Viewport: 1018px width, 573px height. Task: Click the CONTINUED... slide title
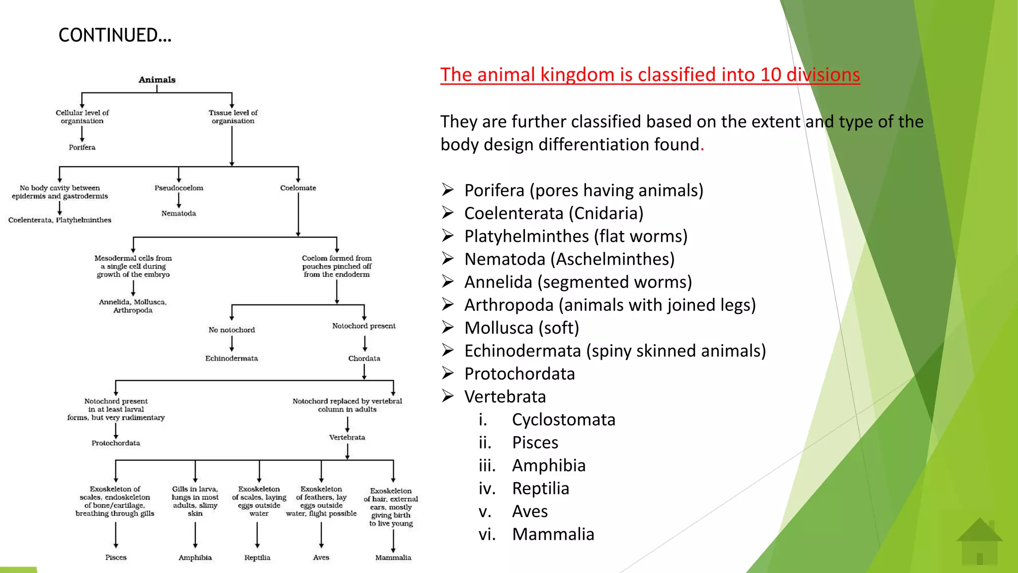pyautogui.click(x=115, y=35)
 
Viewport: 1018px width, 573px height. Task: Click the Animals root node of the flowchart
pyautogui.click(x=157, y=80)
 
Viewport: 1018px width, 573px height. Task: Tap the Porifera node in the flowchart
pyautogui.click(x=82, y=147)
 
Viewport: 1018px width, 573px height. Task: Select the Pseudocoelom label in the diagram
pyautogui.click(x=178, y=188)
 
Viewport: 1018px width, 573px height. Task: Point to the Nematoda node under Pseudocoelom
pyautogui.click(x=178, y=213)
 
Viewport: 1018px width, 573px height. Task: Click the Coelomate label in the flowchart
pyautogui.click(x=298, y=188)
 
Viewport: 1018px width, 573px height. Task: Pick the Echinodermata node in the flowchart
pyautogui.click(x=232, y=358)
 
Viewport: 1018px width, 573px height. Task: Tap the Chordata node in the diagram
pyautogui.click(x=364, y=358)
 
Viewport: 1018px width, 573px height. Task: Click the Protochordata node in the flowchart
pyautogui.click(x=116, y=443)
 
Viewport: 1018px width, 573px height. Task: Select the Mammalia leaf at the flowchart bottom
pyautogui.click(x=393, y=558)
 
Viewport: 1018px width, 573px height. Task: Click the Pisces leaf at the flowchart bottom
pyautogui.click(x=116, y=558)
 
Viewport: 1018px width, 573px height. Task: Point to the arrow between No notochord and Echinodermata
pyautogui.click(x=232, y=344)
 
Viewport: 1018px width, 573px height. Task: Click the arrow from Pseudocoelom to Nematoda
pyautogui.click(x=178, y=200)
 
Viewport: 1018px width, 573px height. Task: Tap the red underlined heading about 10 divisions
pyautogui.click(x=650, y=75)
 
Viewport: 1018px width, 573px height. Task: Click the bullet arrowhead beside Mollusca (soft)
pyautogui.click(x=448, y=327)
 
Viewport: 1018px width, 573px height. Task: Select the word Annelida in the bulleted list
pyautogui.click(x=498, y=282)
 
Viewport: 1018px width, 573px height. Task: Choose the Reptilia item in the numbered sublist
pyautogui.click(x=540, y=488)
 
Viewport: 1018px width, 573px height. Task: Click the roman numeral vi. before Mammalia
pyautogui.click(x=487, y=534)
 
